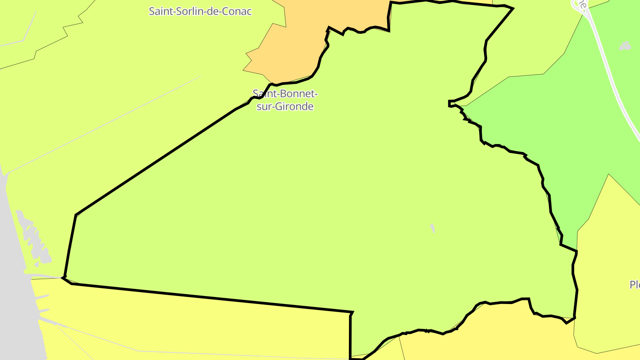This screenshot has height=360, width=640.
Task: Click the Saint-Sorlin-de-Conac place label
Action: coord(200,11)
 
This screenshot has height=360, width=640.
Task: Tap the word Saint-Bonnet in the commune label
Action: coord(285,94)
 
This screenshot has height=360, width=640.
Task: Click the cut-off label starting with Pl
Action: coord(635,284)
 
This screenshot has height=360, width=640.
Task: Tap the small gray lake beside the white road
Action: coord(625,45)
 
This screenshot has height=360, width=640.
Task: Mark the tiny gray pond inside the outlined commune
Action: coord(432,228)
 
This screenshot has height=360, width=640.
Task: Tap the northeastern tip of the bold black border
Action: coord(512,8)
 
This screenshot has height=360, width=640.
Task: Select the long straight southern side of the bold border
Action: coord(209,297)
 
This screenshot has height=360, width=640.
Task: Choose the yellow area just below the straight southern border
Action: coord(200,324)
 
